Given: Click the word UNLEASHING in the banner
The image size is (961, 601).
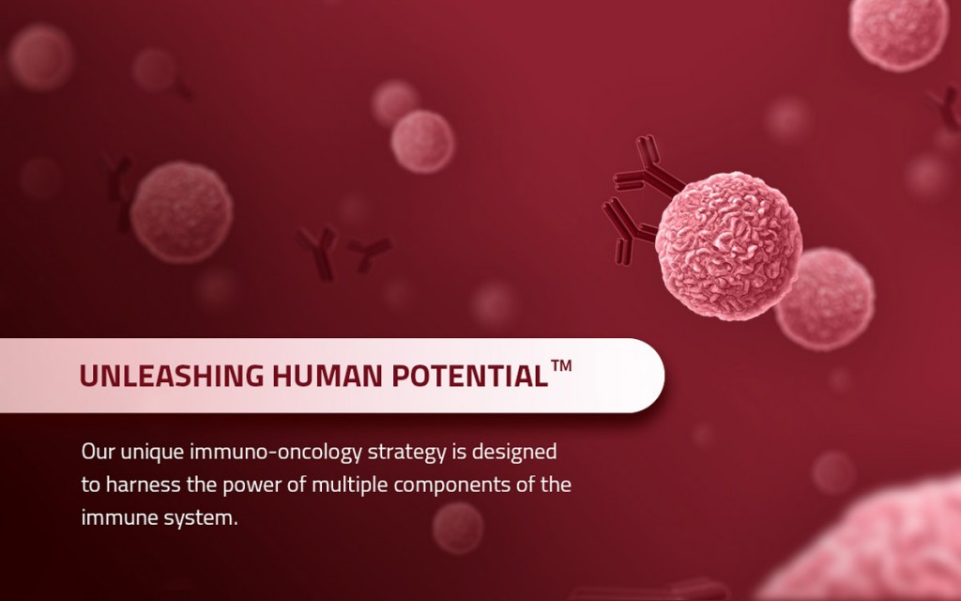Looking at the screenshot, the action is coord(172,376).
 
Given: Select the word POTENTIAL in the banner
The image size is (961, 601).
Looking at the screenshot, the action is coord(469,376).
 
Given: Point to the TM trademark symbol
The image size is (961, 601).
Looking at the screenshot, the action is coord(561,365).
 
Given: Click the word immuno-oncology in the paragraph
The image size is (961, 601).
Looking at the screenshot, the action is coord(276,452).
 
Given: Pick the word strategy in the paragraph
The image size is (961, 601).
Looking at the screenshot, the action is coord(407,453).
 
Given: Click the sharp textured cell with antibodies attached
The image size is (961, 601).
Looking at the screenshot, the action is coord(728,246).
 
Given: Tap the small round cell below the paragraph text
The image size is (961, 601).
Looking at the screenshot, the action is coord(458,528).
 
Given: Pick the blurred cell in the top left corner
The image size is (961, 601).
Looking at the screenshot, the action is coord(40,57).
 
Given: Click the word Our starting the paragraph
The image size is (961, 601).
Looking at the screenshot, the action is coord(98,452).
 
